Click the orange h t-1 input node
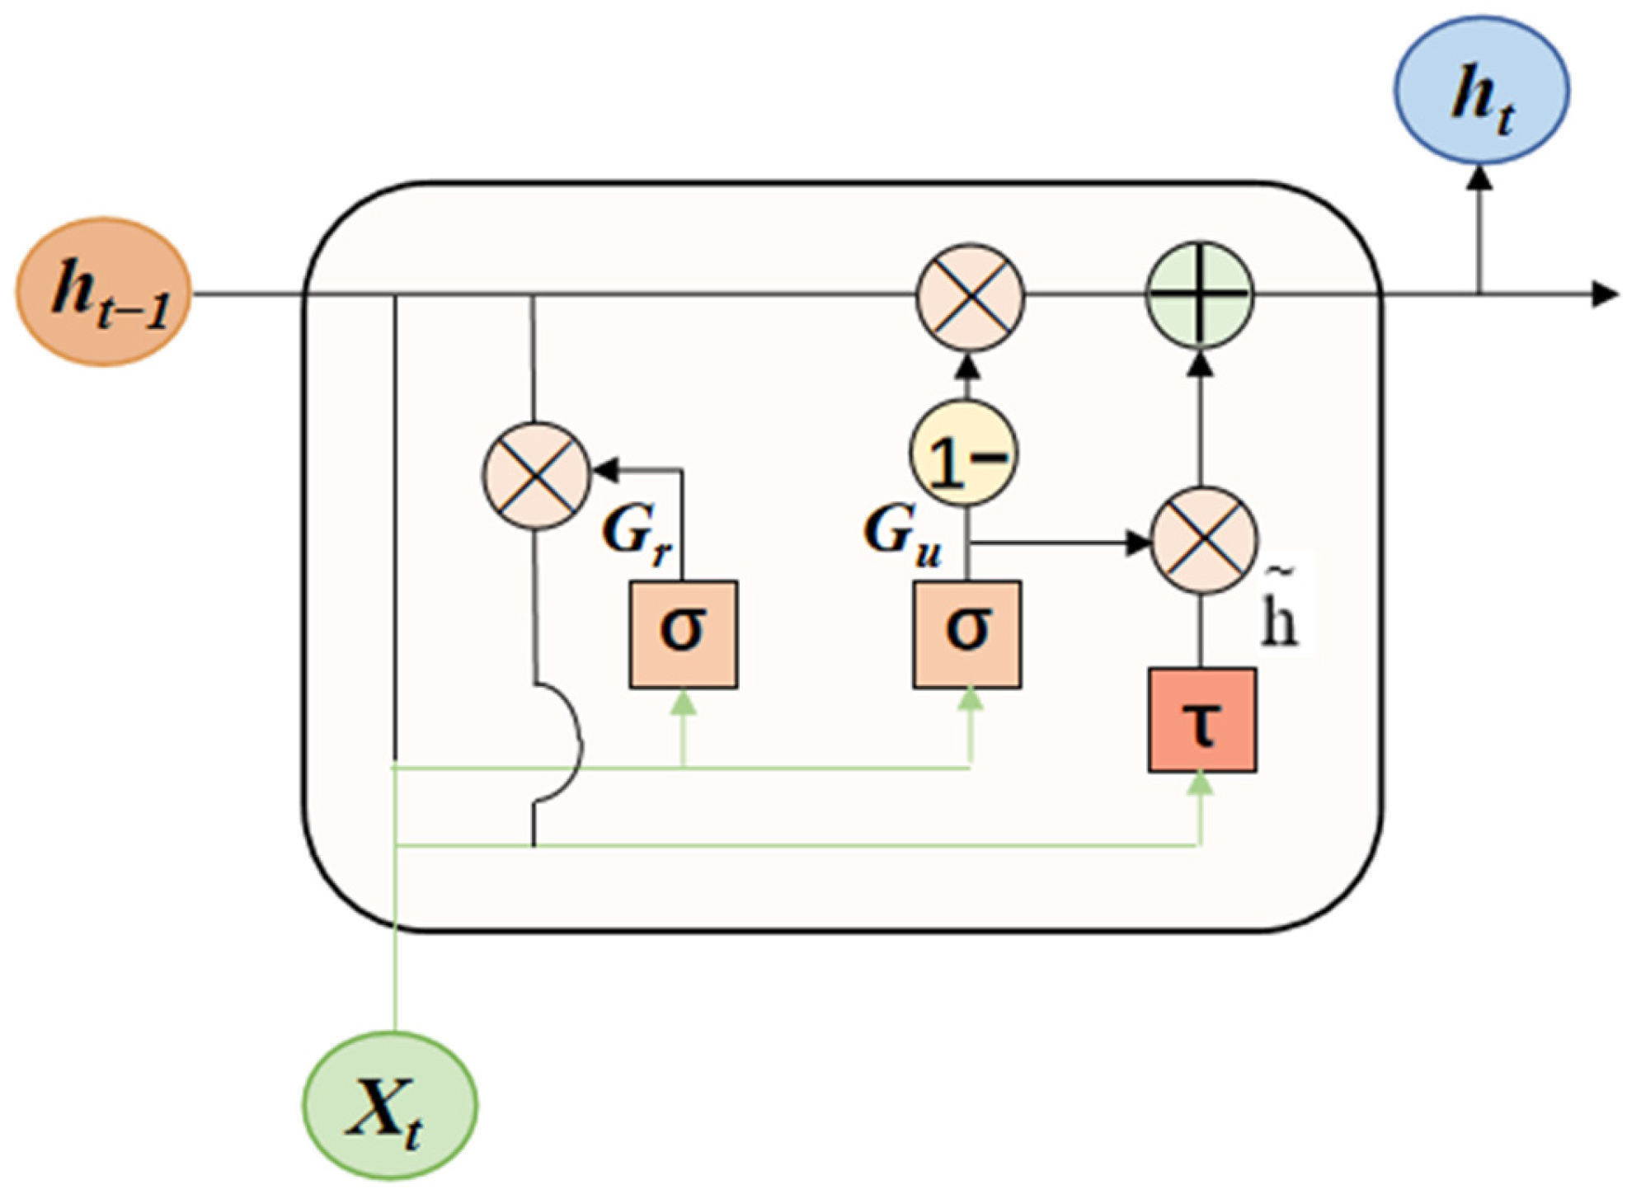point(104,292)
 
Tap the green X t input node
point(389,1105)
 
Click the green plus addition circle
point(1200,294)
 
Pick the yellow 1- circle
point(964,453)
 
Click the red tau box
point(1201,720)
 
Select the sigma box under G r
point(683,633)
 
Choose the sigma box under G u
point(966,633)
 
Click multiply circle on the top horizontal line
point(971,297)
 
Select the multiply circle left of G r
point(536,475)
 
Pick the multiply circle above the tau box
point(1203,540)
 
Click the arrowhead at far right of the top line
point(1604,294)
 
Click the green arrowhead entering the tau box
point(1201,783)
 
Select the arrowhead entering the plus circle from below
point(1201,363)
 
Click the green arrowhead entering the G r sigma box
point(683,702)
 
